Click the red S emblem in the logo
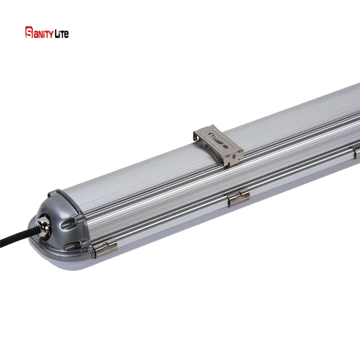tap(29, 32)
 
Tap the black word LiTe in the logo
tap(60, 34)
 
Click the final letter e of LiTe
tap(66, 34)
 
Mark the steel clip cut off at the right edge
tap(356, 151)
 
